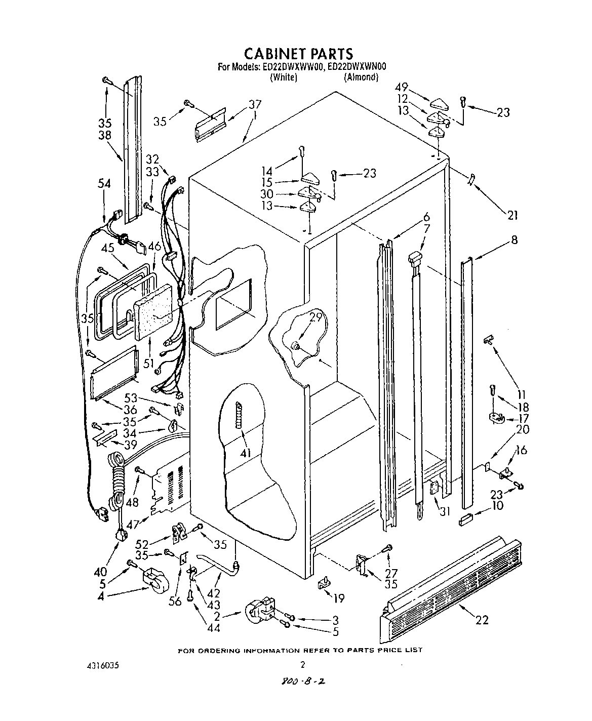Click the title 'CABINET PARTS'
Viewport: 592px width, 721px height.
[298, 53]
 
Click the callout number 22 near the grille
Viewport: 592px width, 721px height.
[482, 619]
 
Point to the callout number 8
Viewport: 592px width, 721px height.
[514, 240]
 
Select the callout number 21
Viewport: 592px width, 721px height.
[512, 215]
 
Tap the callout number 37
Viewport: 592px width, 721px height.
[255, 105]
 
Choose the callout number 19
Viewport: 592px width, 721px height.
[338, 598]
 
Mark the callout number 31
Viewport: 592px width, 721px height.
[445, 511]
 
